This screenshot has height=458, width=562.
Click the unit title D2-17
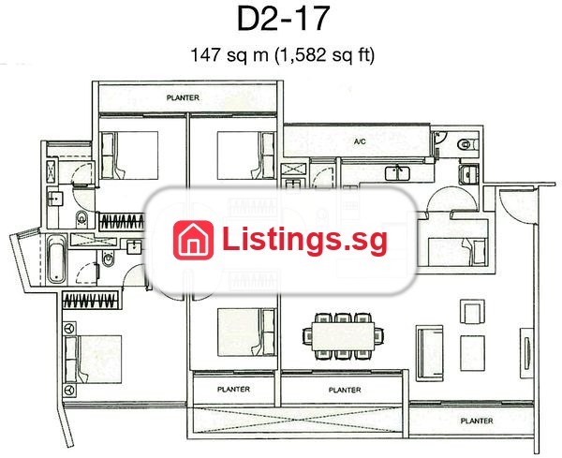(283, 19)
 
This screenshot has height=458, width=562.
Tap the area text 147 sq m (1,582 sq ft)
(283, 55)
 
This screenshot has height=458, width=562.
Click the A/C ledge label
(360, 142)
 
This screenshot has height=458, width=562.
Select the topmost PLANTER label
(183, 97)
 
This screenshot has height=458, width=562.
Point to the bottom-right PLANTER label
(477, 421)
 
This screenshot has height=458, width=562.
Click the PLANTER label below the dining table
(345, 390)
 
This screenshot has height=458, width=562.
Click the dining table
(344, 336)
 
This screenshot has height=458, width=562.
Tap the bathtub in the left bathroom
(56, 258)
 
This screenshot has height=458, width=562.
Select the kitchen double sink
(398, 173)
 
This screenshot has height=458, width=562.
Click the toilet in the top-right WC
(467, 144)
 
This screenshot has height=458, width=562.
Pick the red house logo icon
(193, 240)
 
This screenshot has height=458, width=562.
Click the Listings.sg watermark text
(304, 240)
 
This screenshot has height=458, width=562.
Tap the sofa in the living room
(429, 353)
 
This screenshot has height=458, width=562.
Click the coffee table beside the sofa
(472, 353)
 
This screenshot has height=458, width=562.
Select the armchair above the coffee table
(472, 312)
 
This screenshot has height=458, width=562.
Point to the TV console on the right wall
(526, 353)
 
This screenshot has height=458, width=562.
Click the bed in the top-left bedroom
(130, 155)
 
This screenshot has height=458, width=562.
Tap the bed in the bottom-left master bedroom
(93, 360)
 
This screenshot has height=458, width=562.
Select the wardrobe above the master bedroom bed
(91, 300)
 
